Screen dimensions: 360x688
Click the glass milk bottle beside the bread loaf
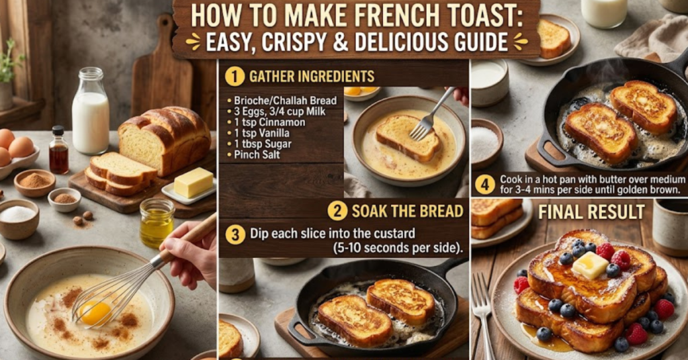pyautogui.click(x=90, y=114)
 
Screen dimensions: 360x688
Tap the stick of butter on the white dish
pyautogui.click(x=193, y=182)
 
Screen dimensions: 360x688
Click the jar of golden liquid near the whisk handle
pyautogui.click(x=157, y=223)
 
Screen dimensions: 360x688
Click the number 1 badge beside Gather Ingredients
pyautogui.click(x=234, y=76)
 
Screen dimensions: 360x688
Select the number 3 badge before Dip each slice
pyautogui.click(x=234, y=234)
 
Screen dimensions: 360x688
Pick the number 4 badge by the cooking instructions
pyautogui.click(x=484, y=184)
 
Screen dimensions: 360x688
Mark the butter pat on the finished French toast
pyautogui.click(x=590, y=265)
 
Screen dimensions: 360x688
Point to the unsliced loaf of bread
pyautogui.click(x=165, y=138)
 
